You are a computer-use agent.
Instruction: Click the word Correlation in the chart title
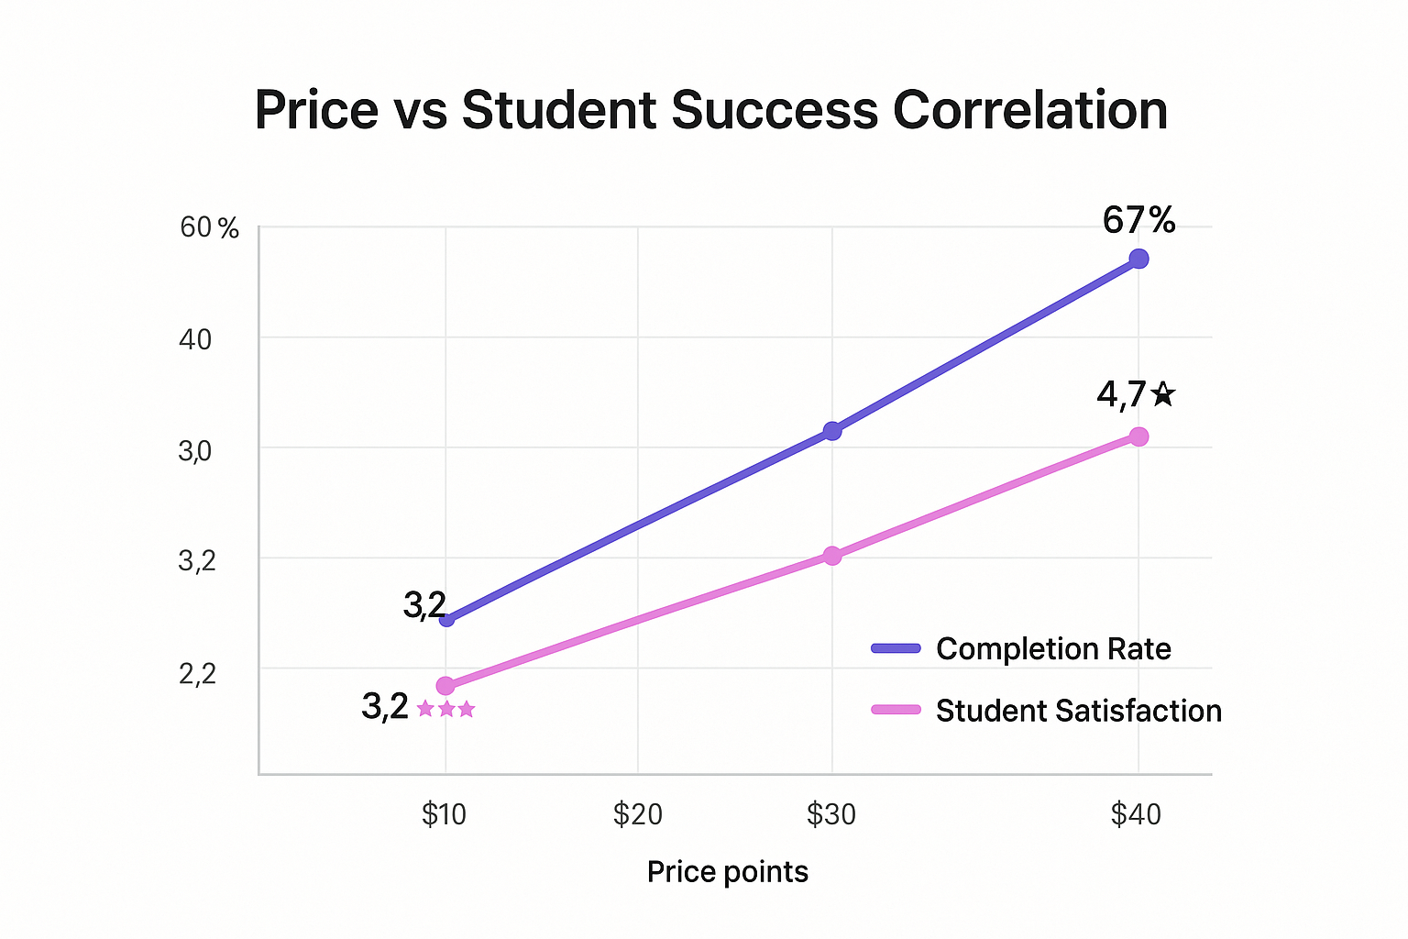1029,111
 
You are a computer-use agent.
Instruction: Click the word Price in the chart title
316,111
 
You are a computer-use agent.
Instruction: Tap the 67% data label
1138,221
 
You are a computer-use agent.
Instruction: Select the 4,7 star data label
1135,395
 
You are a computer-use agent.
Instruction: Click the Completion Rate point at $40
1138,259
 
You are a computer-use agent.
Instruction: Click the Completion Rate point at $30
832,431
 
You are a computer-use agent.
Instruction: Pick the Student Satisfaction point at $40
1138,436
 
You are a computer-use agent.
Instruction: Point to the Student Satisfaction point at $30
832,556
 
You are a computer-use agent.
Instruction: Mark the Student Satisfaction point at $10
445,686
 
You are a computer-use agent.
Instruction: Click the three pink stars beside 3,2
446,709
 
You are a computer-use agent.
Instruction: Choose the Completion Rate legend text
1053,649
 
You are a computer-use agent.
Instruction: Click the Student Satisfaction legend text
1078,712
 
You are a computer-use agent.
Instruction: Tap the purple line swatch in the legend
896,649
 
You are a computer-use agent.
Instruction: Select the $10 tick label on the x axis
445,814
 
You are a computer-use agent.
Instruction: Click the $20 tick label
638,814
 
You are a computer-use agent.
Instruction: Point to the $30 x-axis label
831,814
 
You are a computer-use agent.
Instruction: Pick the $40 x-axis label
1137,814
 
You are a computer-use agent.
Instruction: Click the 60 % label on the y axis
209,227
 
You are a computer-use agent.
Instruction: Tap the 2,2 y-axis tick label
197,674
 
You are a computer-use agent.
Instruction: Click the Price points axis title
728,872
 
